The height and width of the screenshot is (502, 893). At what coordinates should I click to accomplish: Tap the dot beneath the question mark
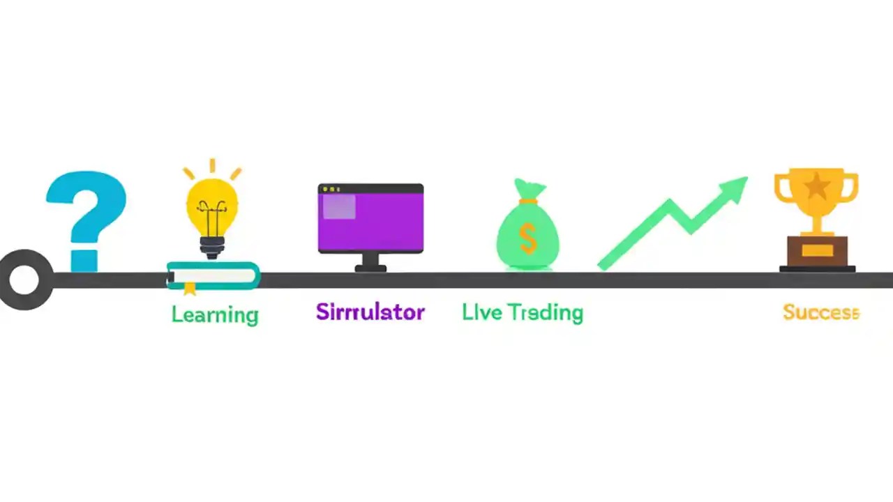84,255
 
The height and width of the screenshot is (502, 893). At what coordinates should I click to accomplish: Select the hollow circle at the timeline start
24,280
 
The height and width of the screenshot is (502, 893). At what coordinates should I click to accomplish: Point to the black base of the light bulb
212,246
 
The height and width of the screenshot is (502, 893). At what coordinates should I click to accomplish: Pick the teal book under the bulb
213,275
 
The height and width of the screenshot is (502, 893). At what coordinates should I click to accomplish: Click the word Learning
215,314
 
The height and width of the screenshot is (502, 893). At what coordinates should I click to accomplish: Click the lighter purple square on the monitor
338,207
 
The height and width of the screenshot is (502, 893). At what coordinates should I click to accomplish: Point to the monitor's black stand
370,263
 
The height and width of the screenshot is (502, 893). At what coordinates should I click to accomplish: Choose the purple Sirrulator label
370,311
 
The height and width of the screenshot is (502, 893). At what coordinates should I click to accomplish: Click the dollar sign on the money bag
528,238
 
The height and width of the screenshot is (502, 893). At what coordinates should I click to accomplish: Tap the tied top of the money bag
527,190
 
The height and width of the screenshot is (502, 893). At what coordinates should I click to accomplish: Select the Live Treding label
522,312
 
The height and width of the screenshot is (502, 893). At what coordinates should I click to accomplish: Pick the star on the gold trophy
816,186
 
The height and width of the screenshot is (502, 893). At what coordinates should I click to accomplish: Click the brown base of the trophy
817,252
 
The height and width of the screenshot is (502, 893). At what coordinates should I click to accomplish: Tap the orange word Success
820,312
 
